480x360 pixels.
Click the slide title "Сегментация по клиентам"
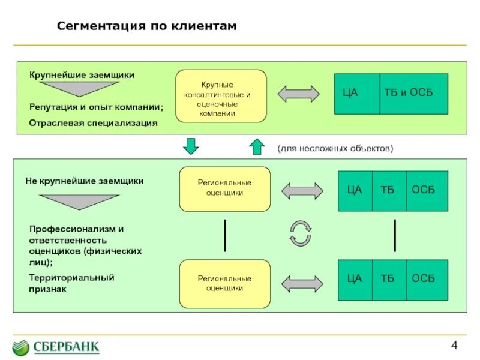click(147, 26)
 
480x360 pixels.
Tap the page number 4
click(454, 345)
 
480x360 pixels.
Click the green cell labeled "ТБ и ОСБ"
click(413, 93)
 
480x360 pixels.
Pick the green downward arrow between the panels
click(190, 145)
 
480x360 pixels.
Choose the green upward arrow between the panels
click(256, 146)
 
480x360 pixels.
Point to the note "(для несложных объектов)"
click(335, 148)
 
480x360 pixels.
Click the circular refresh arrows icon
click(300, 233)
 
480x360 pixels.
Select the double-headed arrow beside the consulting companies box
click(298, 94)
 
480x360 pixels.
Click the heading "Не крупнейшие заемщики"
click(85, 181)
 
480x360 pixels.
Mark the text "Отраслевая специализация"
click(94, 123)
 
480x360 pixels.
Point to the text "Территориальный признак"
click(71, 283)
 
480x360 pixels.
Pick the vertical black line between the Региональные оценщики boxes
click(225, 235)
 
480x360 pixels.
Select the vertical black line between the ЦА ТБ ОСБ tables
click(395, 235)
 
